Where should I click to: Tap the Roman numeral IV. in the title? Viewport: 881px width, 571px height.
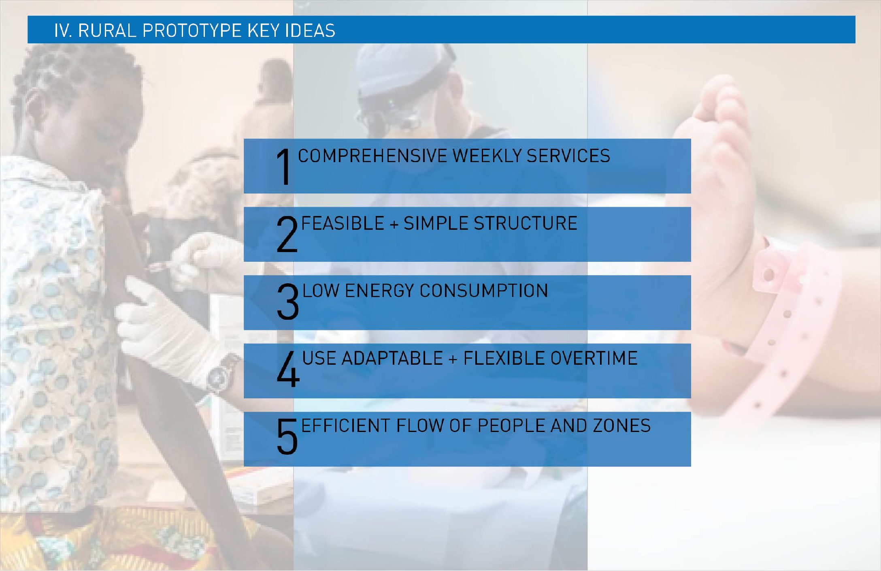point(63,30)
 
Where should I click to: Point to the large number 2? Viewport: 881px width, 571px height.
point(287,234)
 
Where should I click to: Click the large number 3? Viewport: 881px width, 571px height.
point(288,302)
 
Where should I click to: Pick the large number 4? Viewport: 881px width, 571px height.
point(288,369)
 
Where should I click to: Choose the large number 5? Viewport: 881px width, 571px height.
point(287,436)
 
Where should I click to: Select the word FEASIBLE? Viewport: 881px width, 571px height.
point(343,223)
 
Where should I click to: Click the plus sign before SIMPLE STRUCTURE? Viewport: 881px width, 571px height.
point(394,225)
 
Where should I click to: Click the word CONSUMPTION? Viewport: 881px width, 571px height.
point(483,291)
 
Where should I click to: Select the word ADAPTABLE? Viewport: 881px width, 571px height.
point(392,358)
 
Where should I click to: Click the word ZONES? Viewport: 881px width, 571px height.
point(621,426)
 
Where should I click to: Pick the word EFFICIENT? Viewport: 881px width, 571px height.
point(346,426)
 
